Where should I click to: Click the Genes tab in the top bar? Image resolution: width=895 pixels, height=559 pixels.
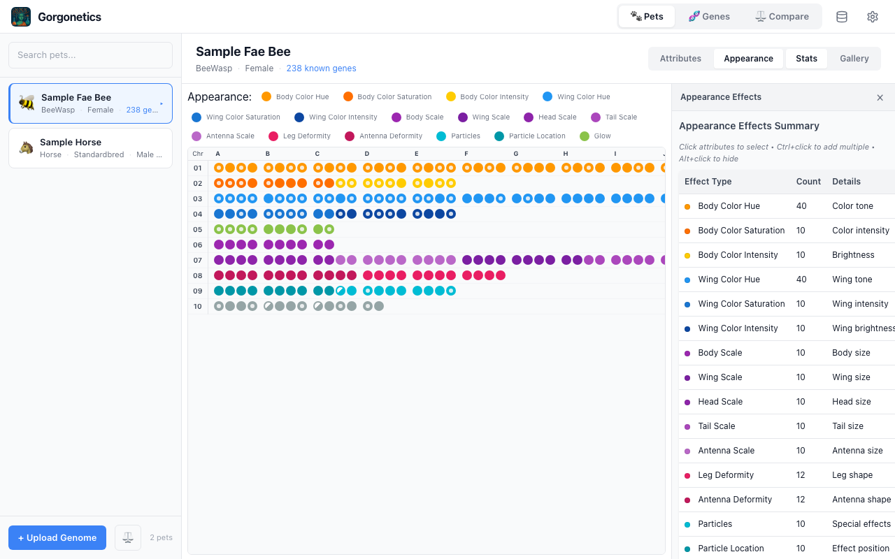[709, 17]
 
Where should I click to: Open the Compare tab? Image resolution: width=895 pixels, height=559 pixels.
[782, 17]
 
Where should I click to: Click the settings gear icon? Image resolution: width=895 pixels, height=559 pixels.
[872, 17]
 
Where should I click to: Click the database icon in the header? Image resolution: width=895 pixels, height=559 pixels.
[842, 17]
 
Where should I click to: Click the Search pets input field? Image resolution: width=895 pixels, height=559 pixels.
[90, 55]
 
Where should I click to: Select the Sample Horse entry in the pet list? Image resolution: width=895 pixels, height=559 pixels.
[90, 147]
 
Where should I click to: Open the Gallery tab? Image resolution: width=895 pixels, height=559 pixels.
[854, 59]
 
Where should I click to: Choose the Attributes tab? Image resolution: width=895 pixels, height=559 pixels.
[680, 59]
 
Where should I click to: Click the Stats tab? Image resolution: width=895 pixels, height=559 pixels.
[806, 59]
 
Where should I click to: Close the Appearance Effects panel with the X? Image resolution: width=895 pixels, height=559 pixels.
[880, 98]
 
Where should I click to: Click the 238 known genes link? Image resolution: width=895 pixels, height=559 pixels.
[321, 68]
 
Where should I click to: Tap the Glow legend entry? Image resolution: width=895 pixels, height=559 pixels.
[595, 136]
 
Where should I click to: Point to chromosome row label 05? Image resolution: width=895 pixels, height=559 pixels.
[198, 229]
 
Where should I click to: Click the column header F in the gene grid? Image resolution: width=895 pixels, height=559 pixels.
[466, 154]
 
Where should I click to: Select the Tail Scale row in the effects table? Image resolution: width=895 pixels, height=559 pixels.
[716, 426]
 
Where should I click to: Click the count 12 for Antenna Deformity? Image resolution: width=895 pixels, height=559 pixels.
[801, 500]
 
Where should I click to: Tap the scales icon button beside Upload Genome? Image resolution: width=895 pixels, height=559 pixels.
[128, 537]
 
